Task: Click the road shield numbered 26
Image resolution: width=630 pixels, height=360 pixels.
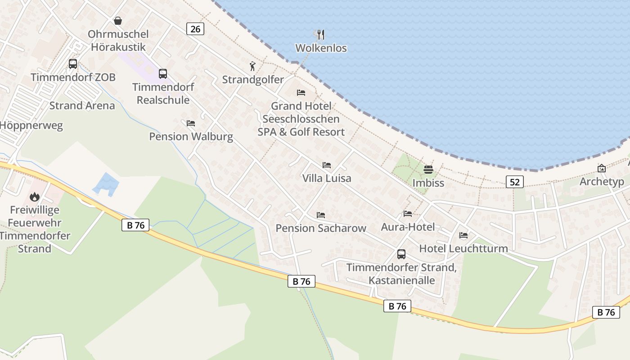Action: point(195,29)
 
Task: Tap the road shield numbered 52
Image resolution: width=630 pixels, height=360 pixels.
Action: point(515,182)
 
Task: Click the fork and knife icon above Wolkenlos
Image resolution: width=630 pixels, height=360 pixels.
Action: point(320,35)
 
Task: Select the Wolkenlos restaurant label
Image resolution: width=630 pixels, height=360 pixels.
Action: point(321,48)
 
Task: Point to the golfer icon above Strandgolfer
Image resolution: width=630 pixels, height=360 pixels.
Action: point(252,67)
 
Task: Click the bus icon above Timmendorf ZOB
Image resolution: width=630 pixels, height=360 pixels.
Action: point(73,64)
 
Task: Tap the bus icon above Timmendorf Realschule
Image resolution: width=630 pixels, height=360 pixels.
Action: point(163,73)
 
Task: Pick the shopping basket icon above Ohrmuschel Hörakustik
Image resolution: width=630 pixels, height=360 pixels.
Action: point(118,21)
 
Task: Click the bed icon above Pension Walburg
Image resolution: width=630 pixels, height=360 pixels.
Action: point(191,123)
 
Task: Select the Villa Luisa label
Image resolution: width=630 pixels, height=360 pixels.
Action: point(327,178)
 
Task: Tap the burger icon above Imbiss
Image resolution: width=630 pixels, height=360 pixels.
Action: point(428,170)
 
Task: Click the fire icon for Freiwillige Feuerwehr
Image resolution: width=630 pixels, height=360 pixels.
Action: point(35,197)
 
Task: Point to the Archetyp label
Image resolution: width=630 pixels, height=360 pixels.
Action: point(602,182)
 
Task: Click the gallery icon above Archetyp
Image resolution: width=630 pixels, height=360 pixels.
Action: point(602,168)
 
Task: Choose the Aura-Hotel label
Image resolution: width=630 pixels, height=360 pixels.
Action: point(408,227)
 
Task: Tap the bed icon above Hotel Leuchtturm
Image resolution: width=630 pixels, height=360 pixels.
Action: point(463,235)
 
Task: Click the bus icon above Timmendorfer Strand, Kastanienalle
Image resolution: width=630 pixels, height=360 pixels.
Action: point(401,254)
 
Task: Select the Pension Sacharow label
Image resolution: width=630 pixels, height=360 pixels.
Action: point(321,228)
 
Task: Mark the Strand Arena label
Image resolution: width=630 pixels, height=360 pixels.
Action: point(82,106)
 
